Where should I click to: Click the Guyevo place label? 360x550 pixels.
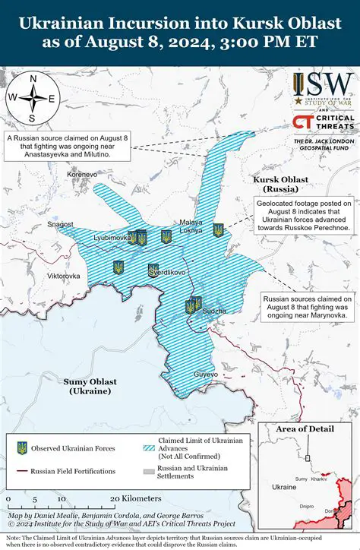click(x=206, y=375)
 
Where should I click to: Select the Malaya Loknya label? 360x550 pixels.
click(x=191, y=204)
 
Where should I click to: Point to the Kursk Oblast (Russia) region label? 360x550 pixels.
click(x=281, y=183)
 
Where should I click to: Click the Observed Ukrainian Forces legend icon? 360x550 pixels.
click(x=22, y=448)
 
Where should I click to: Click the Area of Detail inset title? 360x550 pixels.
click(x=305, y=429)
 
